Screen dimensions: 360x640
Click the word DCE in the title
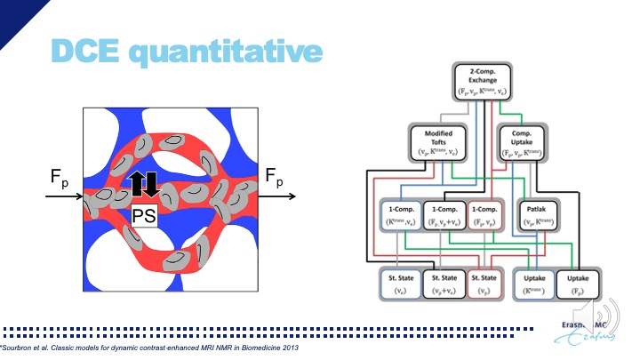click(x=85, y=52)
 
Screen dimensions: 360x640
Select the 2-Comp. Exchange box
click(x=487, y=81)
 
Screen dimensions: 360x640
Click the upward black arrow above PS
click(x=137, y=183)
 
